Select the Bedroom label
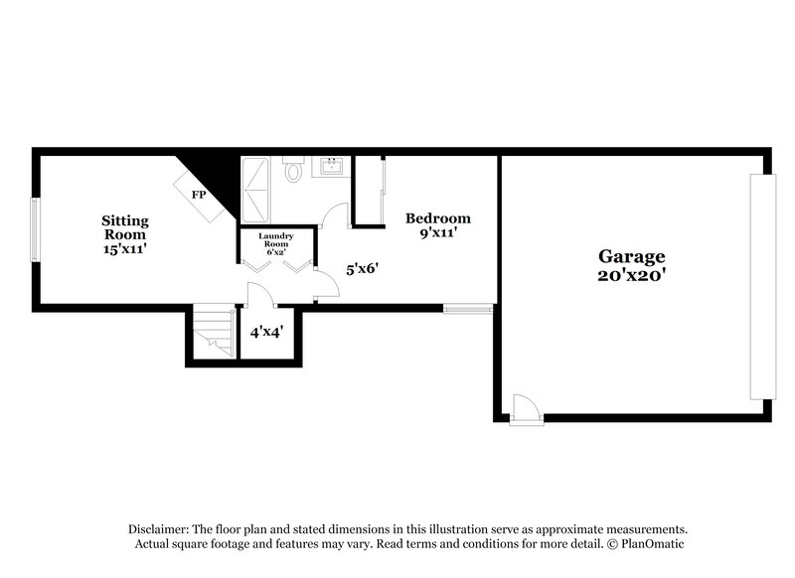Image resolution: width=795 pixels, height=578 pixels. [437, 218]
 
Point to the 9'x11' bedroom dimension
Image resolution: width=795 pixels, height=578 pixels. [437, 235]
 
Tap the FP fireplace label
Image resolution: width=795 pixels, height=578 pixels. [199, 195]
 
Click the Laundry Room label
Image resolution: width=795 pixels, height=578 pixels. [276, 240]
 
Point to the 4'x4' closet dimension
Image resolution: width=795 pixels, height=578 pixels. [266, 332]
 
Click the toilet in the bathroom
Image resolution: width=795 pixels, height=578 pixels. [293, 171]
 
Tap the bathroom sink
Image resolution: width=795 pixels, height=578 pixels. [331, 166]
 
